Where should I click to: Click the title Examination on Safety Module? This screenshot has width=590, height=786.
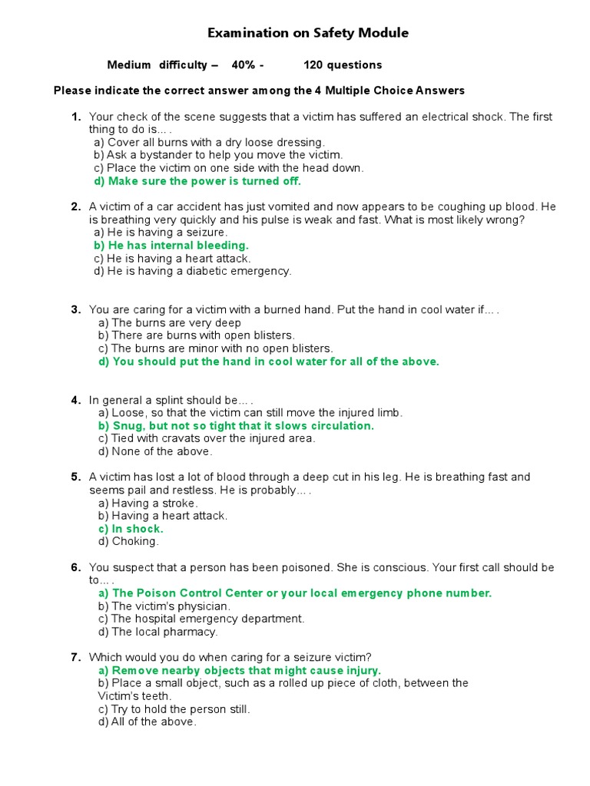[308, 33]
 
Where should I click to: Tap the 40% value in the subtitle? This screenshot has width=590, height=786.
[244, 65]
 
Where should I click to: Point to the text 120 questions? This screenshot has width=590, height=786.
[343, 65]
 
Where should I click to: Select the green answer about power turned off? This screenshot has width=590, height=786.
[197, 181]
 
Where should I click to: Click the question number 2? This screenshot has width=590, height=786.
[76, 206]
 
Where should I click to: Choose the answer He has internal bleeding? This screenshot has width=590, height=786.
[171, 246]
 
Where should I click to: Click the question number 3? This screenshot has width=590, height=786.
[76, 309]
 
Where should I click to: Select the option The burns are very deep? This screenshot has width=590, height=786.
[170, 323]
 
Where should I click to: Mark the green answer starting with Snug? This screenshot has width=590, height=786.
[236, 426]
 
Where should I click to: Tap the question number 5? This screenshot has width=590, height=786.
[76, 477]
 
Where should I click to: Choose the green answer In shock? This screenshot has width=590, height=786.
[131, 529]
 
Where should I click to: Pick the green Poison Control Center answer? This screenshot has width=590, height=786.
[295, 593]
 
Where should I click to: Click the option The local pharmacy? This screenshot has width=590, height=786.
[158, 632]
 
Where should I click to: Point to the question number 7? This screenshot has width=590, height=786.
[76, 657]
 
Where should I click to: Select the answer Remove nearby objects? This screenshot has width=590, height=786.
[240, 671]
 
